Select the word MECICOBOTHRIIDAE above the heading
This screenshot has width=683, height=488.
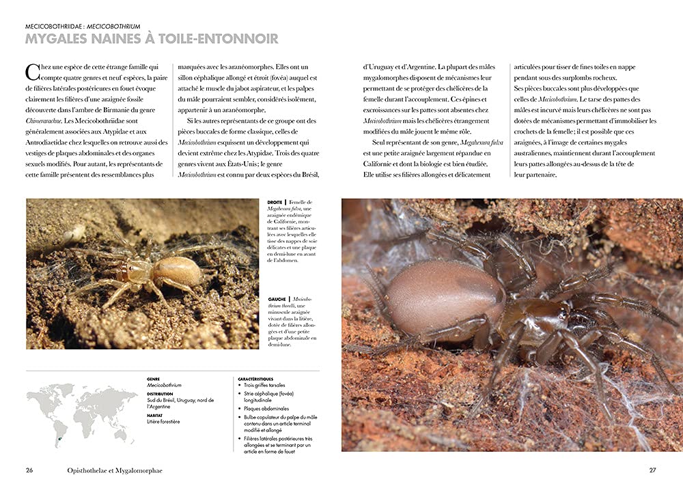(53, 26)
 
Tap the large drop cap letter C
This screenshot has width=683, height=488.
(31, 72)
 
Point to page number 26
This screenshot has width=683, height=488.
(29, 470)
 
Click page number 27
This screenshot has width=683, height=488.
(652, 470)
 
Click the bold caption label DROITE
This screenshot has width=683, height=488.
(274, 202)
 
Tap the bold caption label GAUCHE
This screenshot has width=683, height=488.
(275, 298)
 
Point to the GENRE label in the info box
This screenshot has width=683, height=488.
(153, 379)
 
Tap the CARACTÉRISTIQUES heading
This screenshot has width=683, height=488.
(256, 378)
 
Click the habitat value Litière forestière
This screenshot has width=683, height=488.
(163, 422)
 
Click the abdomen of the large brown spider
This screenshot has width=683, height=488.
(444, 300)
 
